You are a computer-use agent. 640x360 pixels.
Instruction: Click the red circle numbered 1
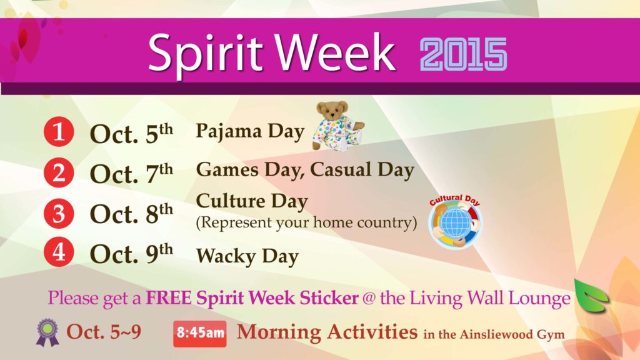(59, 131)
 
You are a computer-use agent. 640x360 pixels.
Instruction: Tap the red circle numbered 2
(59, 172)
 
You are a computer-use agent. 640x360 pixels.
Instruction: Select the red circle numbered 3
(59, 213)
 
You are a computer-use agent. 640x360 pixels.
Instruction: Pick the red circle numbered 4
(59, 252)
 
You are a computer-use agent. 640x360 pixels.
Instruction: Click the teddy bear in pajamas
(338, 126)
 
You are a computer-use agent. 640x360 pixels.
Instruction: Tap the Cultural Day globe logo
(456, 221)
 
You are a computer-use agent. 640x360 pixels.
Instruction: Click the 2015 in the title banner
(464, 54)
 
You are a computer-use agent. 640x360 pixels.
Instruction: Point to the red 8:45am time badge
(199, 334)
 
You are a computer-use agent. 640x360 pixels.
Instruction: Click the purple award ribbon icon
(47, 332)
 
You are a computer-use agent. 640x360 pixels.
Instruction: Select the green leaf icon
(591, 296)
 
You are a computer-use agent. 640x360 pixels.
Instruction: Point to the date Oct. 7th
(131, 173)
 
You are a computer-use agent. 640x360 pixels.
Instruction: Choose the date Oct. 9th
(131, 253)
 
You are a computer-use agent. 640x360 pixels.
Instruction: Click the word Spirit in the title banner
(205, 53)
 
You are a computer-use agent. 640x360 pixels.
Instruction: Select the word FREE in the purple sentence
(169, 297)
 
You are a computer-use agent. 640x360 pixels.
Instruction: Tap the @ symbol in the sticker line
(369, 298)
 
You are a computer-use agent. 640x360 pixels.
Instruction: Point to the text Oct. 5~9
(104, 332)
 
